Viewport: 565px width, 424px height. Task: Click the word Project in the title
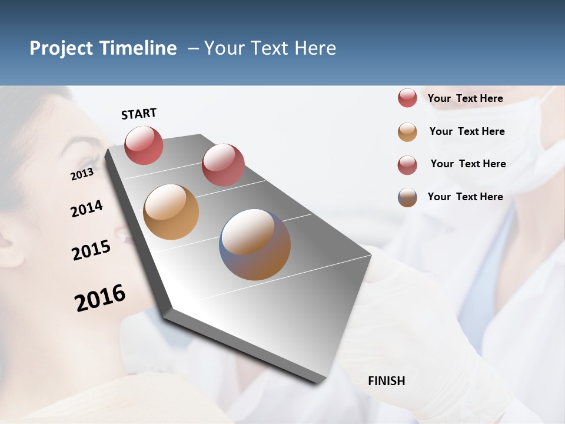coord(62,48)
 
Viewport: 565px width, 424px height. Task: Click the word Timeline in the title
coord(138,48)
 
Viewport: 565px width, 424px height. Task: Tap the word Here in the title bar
coord(315,48)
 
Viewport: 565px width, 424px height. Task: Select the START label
coord(139,114)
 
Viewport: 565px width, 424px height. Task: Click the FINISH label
coord(387,381)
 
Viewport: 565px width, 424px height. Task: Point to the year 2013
coord(82,174)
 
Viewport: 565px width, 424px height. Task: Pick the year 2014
coord(87,209)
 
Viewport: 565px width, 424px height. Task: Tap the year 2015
coord(91,250)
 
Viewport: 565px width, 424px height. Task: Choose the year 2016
coord(100,298)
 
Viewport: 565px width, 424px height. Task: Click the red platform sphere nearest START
coord(144,145)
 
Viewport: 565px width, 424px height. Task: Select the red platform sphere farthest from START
coord(222,164)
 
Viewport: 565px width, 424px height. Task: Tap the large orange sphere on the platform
coord(171,212)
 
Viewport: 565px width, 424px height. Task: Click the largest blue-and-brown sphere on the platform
coord(255,244)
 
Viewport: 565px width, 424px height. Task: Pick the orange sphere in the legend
coord(407,132)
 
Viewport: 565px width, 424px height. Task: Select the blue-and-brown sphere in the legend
coord(407,197)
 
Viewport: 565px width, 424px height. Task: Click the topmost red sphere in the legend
coord(407,98)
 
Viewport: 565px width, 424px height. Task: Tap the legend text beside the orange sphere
coord(467,131)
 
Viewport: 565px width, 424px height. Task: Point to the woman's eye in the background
coord(88,162)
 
